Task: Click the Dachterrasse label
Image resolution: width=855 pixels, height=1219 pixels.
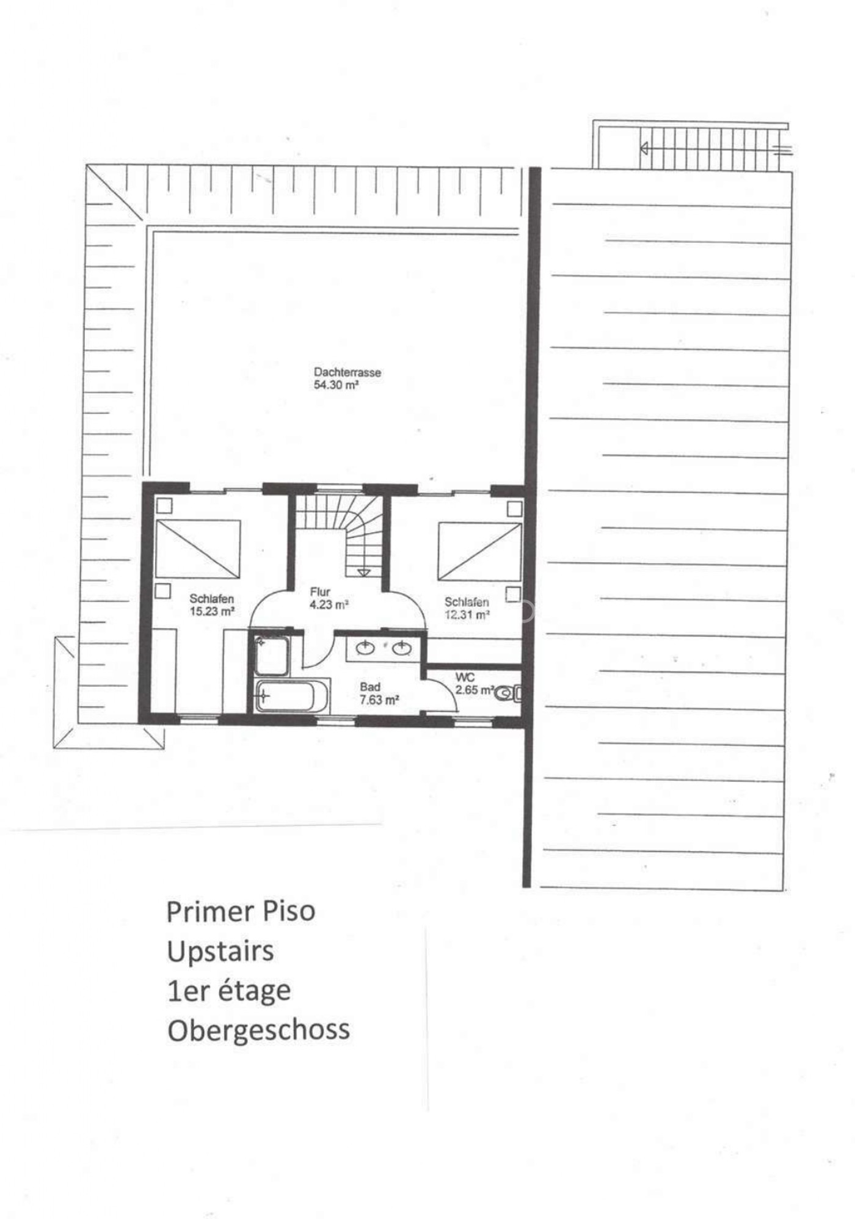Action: (x=347, y=372)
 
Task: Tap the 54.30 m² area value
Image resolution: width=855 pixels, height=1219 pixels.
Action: (x=336, y=385)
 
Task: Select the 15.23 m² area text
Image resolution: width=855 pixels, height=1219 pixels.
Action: (x=213, y=611)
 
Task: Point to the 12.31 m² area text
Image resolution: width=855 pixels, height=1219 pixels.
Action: (x=467, y=615)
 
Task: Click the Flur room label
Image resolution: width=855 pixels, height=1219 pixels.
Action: (x=320, y=591)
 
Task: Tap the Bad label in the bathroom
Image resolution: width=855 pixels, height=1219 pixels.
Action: (x=370, y=687)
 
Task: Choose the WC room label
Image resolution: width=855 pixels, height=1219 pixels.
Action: (x=465, y=678)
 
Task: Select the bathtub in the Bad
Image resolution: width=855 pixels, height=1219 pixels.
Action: (x=293, y=696)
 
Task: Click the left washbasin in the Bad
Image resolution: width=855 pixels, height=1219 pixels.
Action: (x=366, y=648)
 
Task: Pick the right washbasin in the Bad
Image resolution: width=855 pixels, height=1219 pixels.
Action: (x=401, y=648)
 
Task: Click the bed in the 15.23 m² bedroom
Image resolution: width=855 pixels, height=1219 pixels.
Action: (x=198, y=549)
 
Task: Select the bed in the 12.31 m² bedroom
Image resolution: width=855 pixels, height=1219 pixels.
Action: (x=480, y=551)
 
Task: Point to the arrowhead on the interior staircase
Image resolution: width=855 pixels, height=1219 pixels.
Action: (x=364, y=572)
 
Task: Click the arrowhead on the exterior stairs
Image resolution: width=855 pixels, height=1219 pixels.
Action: (x=644, y=148)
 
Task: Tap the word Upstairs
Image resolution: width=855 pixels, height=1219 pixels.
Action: (x=220, y=952)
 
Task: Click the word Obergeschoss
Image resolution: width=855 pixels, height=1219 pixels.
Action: (x=258, y=1030)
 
